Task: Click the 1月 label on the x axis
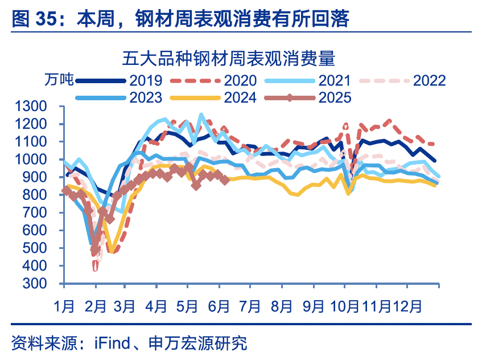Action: point(64,306)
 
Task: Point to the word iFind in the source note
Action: point(109,343)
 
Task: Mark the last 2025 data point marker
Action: point(225,179)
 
